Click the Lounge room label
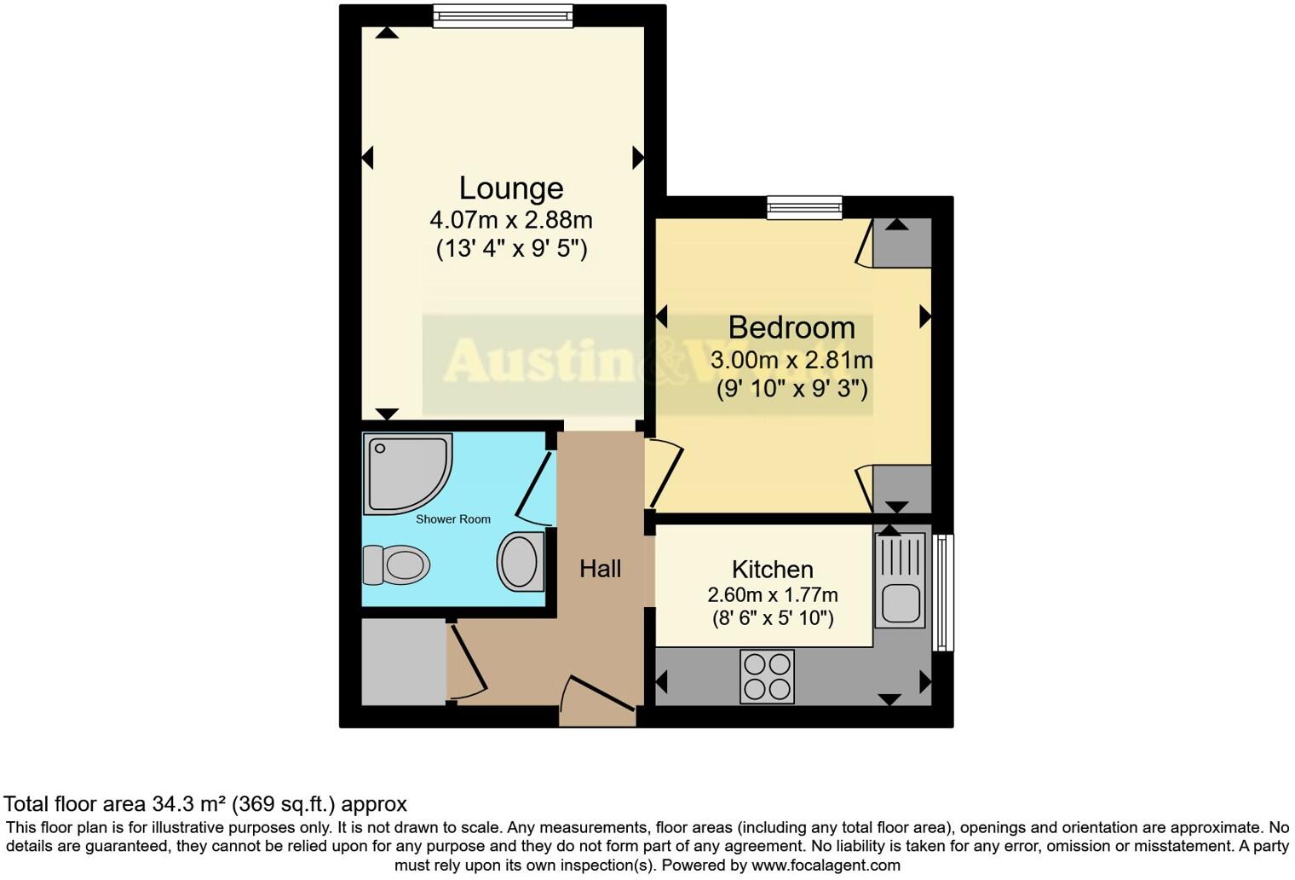click(x=511, y=188)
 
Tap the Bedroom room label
click(x=791, y=327)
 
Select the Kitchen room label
click(x=772, y=570)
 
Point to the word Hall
click(x=600, y=569)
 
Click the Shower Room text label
click(x=452, y=519)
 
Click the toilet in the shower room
click(x=396, y=564)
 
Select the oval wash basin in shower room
click(x=521, y=561)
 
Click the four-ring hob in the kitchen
click(x=767, y=676)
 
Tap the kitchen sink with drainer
click(x=900, y=581)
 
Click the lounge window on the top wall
click(x=503, y=15)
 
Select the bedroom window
click(x=804, y=207)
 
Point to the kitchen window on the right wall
click(x=943, y=592)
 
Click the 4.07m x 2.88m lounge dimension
click(x=511, y=220)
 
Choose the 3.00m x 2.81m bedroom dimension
click(x=791, y=360)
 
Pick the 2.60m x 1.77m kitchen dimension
click(x=772, y=595)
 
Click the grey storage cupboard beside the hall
click(x=403, y=663)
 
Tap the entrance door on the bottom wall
click(x=598, y=699)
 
